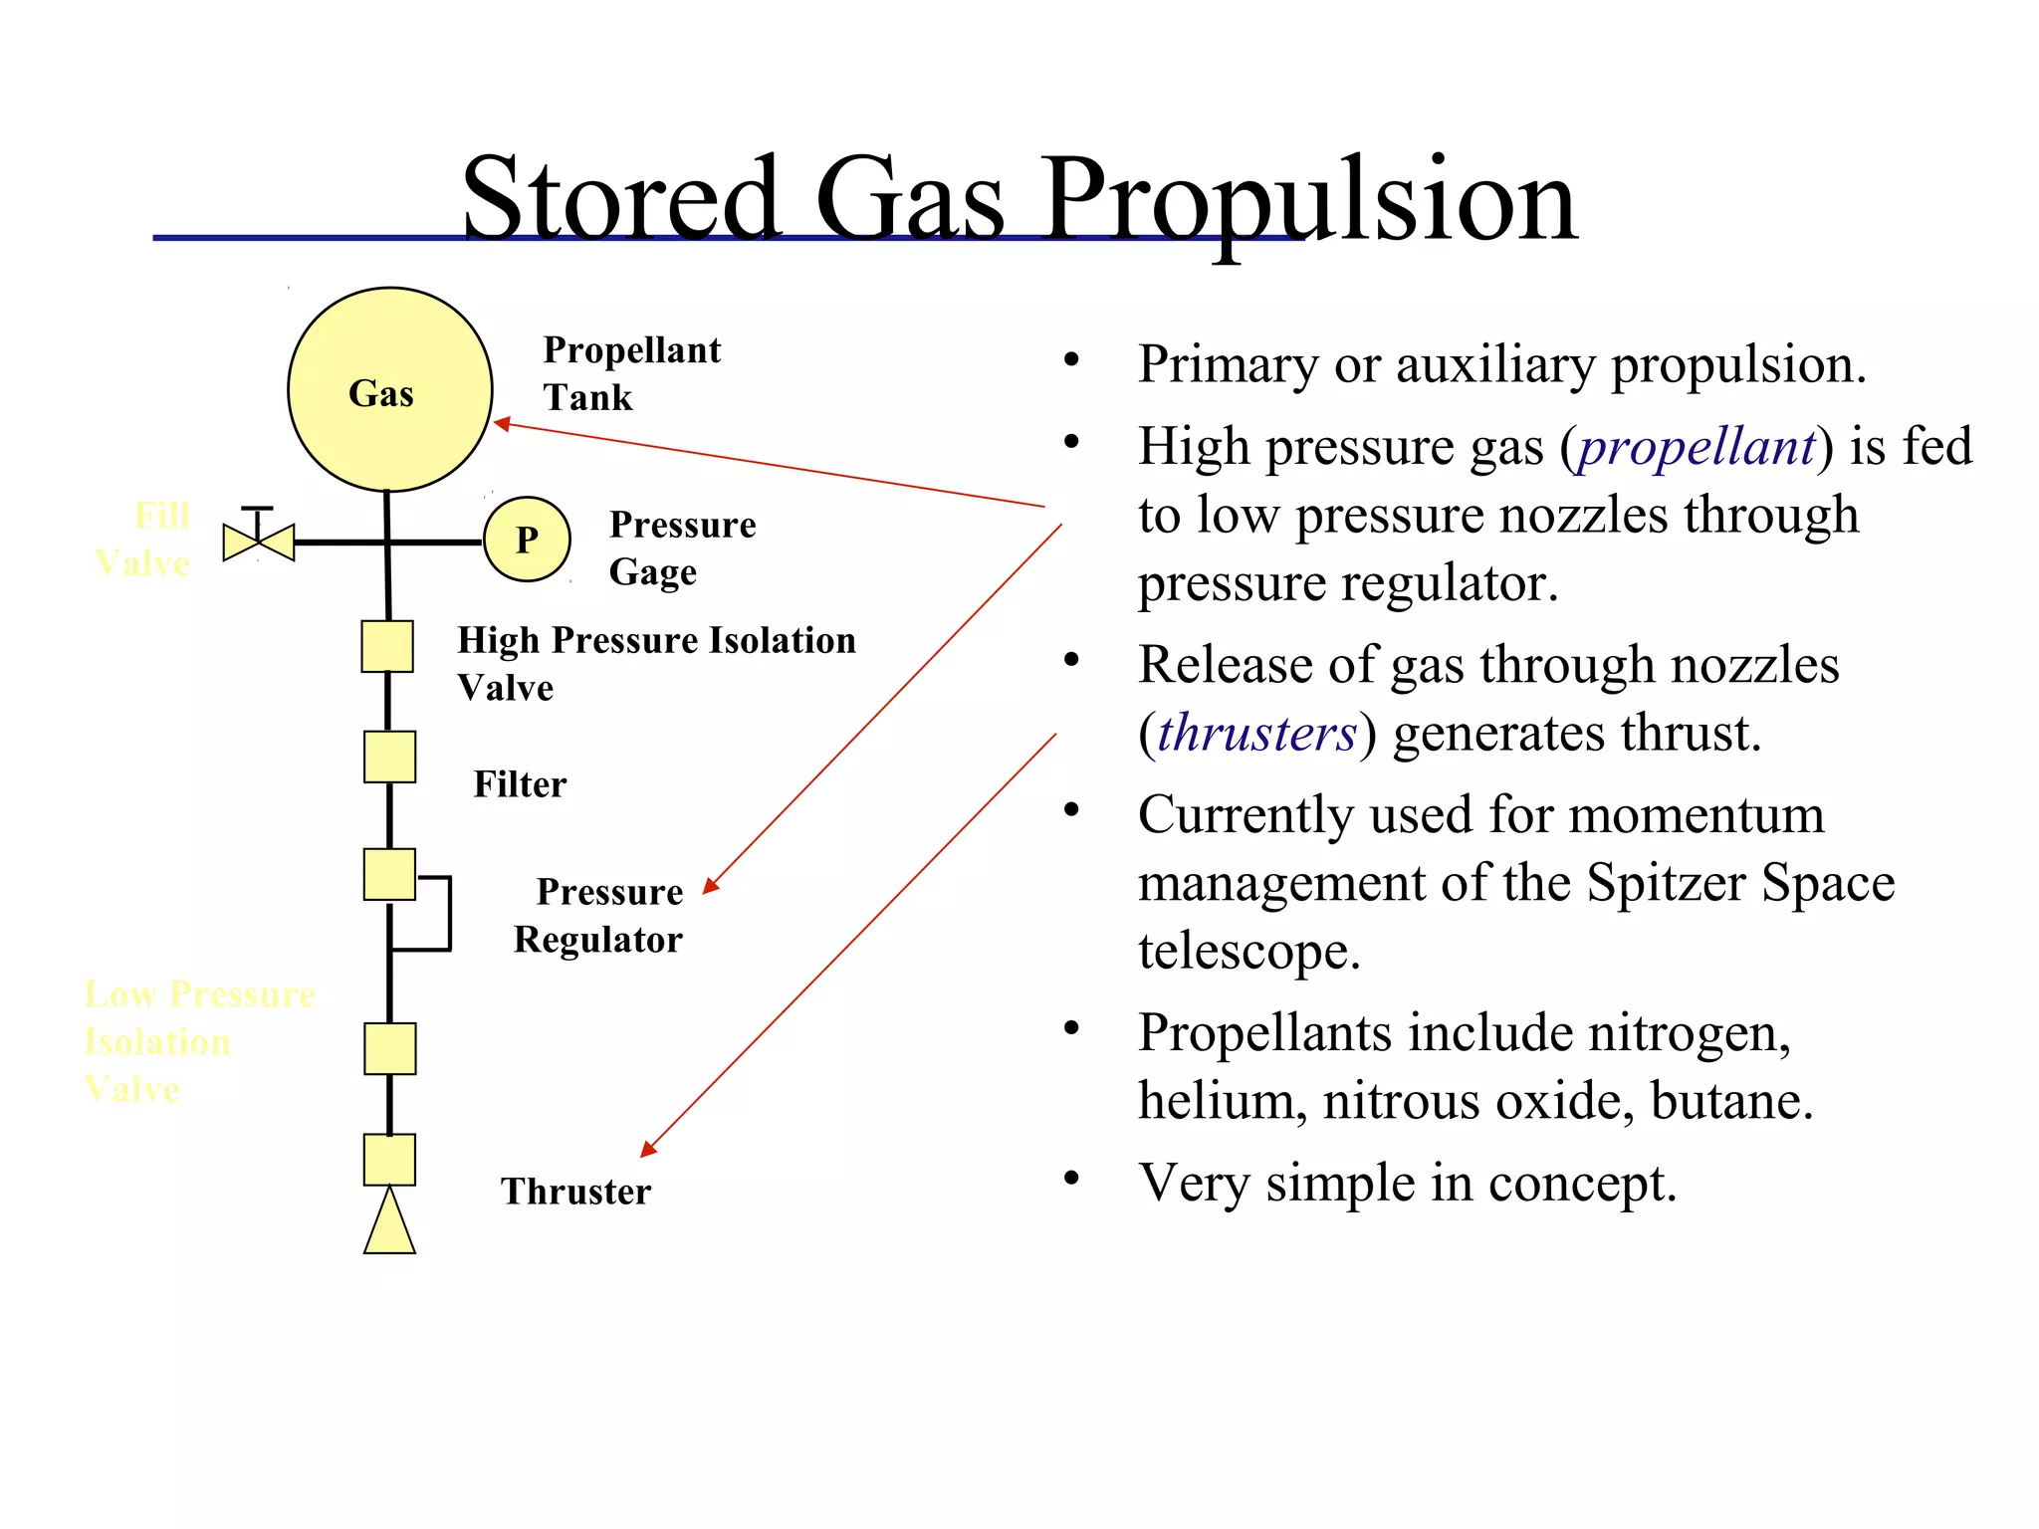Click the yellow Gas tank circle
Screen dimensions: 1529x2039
pos(389,389)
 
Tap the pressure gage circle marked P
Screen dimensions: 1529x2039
pos(527,540)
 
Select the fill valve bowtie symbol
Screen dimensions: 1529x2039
pos(259,542)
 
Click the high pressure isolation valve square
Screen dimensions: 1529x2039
pos(387,646)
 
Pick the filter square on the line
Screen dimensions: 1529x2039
pos(389,758)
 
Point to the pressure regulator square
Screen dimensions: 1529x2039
pos(389,875)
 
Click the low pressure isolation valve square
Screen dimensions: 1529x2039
pos(389,1049)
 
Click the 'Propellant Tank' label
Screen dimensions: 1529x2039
pos(631,373)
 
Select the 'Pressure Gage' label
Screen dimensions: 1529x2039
pos(682,547)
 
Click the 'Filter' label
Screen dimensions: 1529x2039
pos(520,784)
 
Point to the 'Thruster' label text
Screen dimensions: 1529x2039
pos(575,1192)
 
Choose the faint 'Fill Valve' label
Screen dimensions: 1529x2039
pos(144,540)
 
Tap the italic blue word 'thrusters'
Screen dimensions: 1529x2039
pos(1256,734)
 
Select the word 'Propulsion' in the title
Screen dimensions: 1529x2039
pos(1309,199)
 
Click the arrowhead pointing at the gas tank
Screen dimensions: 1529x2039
pos(503,424)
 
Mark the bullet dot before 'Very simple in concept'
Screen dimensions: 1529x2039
pos(1071,1180)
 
